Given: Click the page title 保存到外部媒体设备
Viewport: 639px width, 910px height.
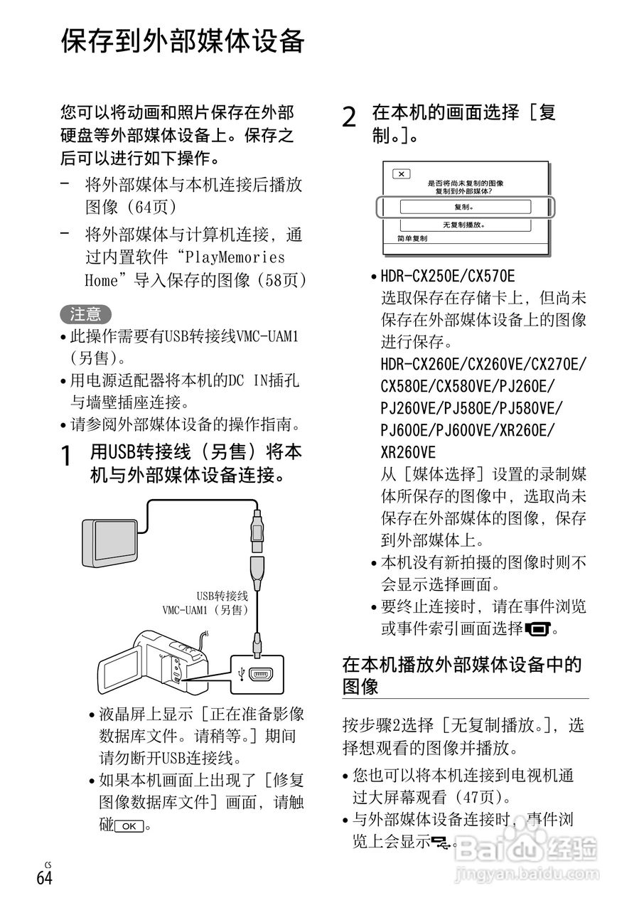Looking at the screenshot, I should pos(183,42).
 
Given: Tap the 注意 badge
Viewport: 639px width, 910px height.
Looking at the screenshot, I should pos(85,314).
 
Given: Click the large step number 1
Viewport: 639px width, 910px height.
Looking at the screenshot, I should pos(66,456).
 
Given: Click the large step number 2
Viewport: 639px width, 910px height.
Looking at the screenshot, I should pos(349,117).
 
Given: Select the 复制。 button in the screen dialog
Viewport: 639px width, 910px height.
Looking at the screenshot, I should pos(465,207).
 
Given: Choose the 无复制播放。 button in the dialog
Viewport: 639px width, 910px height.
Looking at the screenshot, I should pos(465,225).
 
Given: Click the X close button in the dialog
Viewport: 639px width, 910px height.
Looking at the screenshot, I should pos(402,174).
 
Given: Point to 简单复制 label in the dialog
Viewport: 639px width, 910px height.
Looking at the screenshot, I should pos(412,240).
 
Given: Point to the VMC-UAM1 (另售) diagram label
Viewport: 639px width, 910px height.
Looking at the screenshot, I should pos(205,610).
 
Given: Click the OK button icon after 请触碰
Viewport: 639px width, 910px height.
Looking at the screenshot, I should pos(129,826).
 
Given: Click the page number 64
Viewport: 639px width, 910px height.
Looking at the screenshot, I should pos(45,877).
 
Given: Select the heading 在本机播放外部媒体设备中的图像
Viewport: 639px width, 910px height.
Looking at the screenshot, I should pos(462,675).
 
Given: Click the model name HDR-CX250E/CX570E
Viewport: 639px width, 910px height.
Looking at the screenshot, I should pos(448,276).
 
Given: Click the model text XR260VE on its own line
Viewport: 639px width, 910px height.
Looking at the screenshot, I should pos(409,452).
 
